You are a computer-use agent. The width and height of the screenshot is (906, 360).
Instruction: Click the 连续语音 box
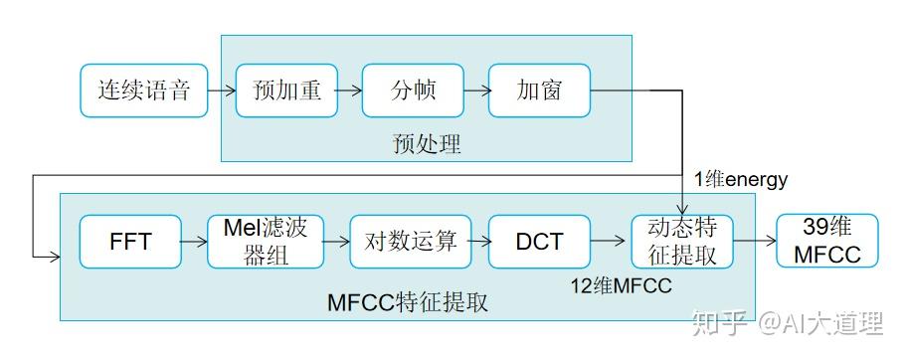(x=143, y=90)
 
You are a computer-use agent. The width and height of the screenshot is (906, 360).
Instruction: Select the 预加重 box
(x=286, y=90)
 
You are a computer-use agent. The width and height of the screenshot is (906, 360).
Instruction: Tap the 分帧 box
(x=413, y=90)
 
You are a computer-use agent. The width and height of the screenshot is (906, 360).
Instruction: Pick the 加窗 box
(x=539, y=90)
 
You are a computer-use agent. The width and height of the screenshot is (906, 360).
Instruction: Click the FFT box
(x=130, y=241)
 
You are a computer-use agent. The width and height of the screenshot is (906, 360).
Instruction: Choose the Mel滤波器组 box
(x=266, y=241)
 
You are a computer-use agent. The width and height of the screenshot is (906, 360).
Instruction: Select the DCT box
(x=539, y=241)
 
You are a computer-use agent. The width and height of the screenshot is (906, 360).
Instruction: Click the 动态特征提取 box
(x=682, y=241)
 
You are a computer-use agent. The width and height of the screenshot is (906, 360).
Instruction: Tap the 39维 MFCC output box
(x=826, y=241)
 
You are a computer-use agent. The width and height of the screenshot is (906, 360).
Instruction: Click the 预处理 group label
(x=427, y=144)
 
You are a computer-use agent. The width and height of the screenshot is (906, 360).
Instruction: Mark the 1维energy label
(x=740, y=180)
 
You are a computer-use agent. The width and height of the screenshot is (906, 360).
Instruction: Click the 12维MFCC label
(x=621, y=285)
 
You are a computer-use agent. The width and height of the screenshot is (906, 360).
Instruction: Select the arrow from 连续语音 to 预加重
(x=221, y=90)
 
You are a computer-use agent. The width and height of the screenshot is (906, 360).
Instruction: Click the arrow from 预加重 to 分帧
(x=349, y=90)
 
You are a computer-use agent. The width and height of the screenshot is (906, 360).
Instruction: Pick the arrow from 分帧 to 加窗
(x=476, y=90)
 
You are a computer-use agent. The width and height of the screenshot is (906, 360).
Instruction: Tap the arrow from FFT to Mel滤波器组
(x=194, y=241)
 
